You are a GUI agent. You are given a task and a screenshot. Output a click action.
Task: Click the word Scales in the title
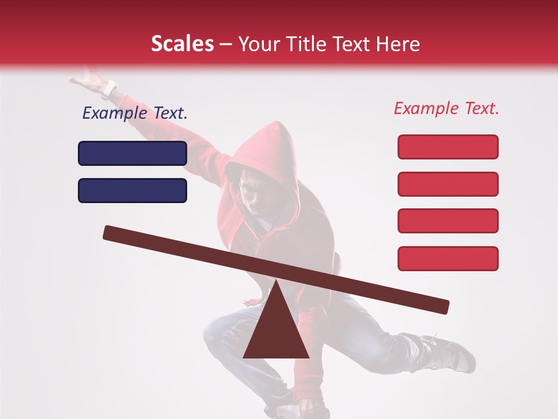click(x=183, y=44)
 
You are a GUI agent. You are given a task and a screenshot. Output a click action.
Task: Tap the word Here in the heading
click(x=398, y=44)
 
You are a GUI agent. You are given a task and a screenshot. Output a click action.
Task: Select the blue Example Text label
click(x=135, y=113)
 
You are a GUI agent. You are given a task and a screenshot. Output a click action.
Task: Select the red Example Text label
click(x=446, y=108)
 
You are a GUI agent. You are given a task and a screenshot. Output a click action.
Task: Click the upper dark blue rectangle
click(x=133, y=153)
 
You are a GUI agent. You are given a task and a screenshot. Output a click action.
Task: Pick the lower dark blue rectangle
click(x=133, y=190)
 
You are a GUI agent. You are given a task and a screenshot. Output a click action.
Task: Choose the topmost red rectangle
click(x=448, y=147)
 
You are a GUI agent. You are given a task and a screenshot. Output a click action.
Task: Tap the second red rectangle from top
click(x=448, y=184)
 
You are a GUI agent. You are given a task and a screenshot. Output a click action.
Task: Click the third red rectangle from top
click(x=448, y=221)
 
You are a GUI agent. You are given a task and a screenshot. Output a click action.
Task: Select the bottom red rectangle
click(x=448, y=258)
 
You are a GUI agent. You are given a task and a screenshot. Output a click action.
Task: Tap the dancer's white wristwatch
click(x=109, y=90)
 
